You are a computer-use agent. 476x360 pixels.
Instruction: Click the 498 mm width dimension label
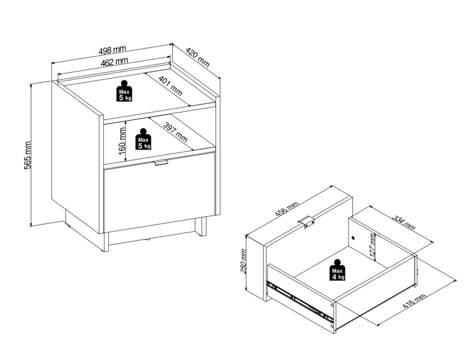pos(112,50)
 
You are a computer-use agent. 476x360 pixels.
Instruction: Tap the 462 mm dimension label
pos(114,62)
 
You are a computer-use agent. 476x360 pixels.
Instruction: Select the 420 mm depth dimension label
pos(197,57)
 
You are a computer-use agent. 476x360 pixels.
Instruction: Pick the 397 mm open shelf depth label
pos(175,132)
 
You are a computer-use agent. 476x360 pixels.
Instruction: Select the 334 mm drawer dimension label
pos(403,223)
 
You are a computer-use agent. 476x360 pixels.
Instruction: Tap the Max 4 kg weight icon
pos(337,269)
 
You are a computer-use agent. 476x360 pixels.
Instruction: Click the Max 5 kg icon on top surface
pos(124,91)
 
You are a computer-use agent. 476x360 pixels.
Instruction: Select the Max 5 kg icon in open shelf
pos(143,139)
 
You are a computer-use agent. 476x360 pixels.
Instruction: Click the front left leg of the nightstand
pos(104,242)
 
